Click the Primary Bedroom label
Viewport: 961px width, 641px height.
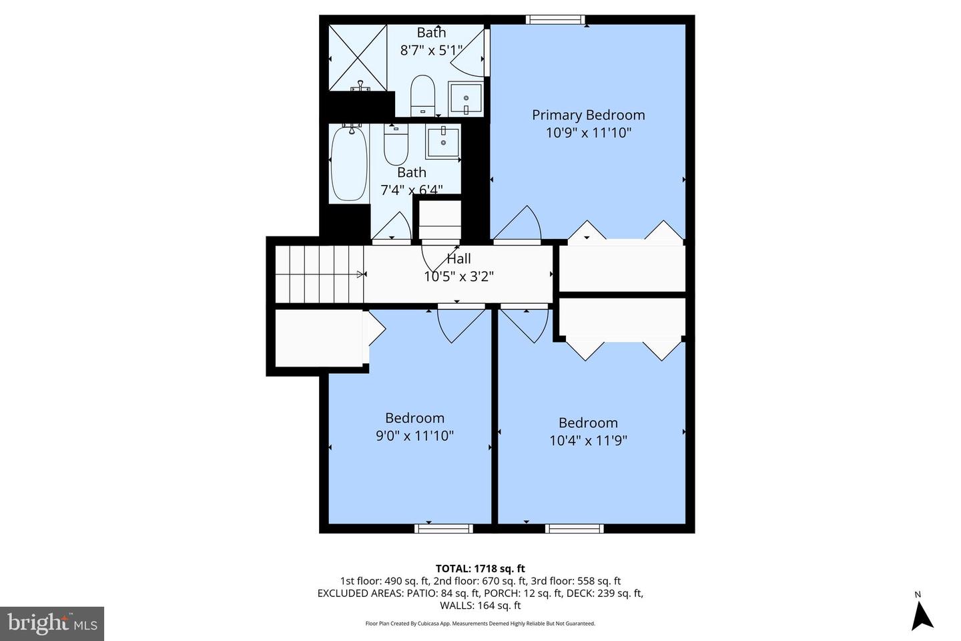pyautogui.click(x=588, y=115)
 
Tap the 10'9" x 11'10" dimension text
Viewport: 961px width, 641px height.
pyautogui.click(x=588, y=133)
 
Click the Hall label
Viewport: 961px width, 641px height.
pyautogui.click(x=458, y=259)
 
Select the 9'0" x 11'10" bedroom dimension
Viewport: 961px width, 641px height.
pyautogui.click(x=414, y=436)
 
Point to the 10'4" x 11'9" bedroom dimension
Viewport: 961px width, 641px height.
pyautogui.click(x=588, y=441)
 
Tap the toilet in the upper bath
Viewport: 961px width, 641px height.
pyautogui.click(x=422, y=95)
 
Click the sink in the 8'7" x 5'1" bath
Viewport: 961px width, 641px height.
pyautogui.click(x=465, y=99)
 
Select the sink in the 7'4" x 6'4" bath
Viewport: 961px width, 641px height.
pyautogui.click(x=442, y=142)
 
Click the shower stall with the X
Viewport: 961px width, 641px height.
pyautogui.click(x=358, y=58)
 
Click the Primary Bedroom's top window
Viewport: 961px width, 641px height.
pyautogui.click(x=555, y=19)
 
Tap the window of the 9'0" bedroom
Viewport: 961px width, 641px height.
pyautogui.click(x=443, y=528)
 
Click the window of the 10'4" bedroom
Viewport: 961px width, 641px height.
pyautogui.click(x=574, y=528)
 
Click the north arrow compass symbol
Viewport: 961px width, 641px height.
pyautogui.click(x=922, y=614)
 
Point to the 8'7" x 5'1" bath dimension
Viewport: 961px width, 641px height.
pyautogui.click(x=430, y=50)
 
